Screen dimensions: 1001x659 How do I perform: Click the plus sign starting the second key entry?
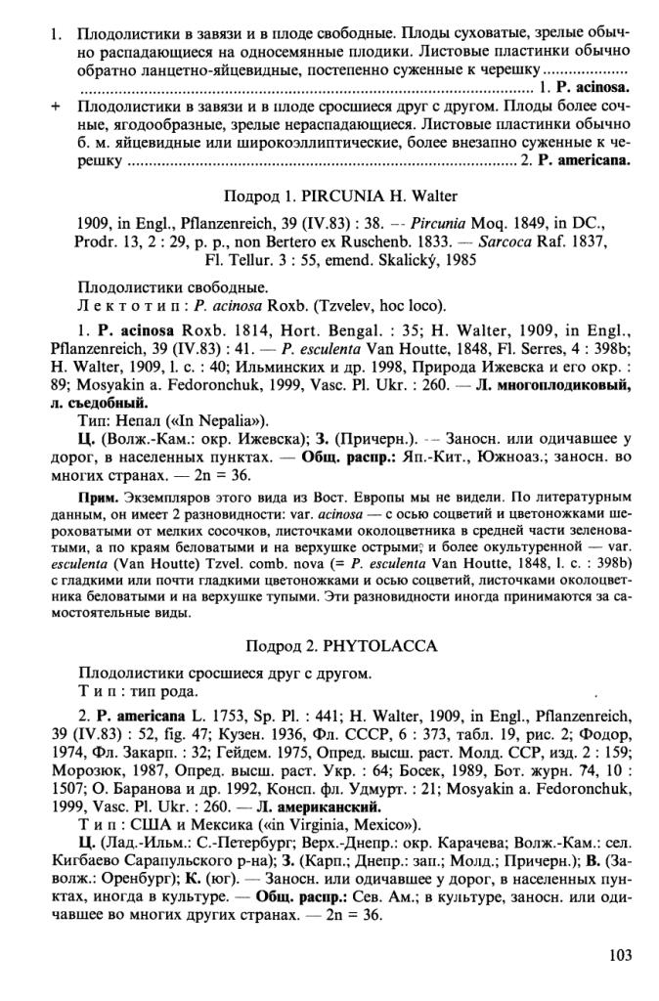(56, 102)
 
